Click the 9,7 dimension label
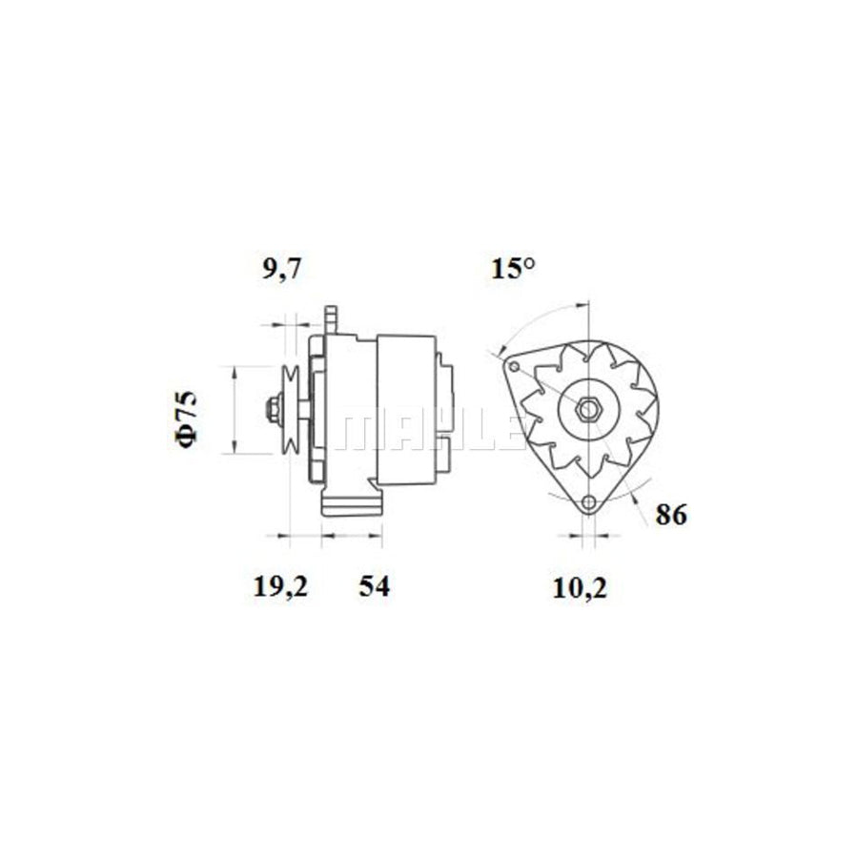click(x=281, y=270)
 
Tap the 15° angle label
click(x=513, y=269)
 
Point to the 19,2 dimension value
click(x=281, y=587)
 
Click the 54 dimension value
click(x=374, y=587)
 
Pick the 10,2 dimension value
click(x=581, y=588)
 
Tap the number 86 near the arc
click(x=670, y=515)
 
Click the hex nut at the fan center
click(x=588, y=410)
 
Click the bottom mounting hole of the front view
click(x=588, y=502)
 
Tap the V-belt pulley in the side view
click(x=291, y=411)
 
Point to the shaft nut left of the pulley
click(x=272, y=411)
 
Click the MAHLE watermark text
click(x=429, y=430)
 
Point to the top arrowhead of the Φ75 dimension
click(x=234, y=371)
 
